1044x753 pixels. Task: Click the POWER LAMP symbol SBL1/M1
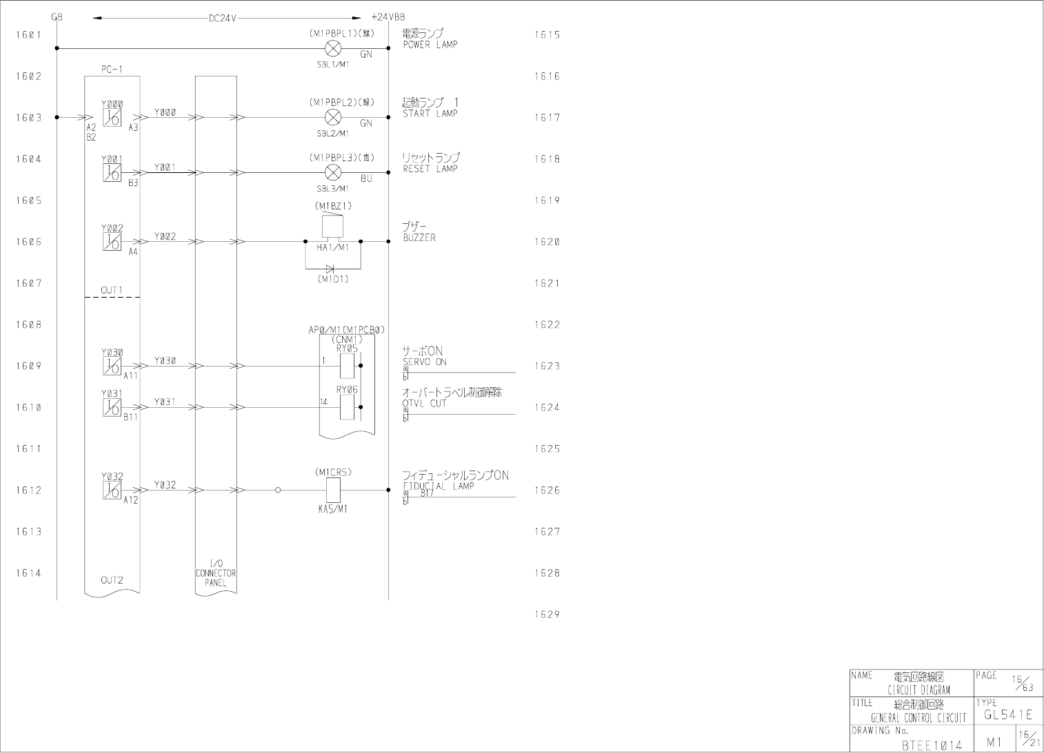333,48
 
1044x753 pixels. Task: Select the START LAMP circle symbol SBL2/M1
333,117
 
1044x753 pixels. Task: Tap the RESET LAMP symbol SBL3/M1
333,172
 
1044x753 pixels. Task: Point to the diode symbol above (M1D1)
331,269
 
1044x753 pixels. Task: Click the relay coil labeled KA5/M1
333,490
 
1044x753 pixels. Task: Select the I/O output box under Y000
112,118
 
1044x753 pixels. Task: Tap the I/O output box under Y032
112,490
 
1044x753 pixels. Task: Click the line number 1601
28,34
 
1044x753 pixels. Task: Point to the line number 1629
547,615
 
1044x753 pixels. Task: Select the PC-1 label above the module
112,69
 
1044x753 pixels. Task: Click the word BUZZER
419,238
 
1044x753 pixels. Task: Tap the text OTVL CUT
425,404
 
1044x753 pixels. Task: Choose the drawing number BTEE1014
932,745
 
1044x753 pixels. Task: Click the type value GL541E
1008,714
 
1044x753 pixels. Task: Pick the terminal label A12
131,500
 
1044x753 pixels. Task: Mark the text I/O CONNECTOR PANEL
215,573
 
